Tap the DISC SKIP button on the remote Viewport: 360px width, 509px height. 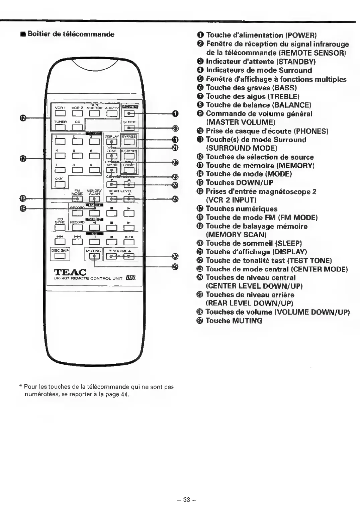[60, 256]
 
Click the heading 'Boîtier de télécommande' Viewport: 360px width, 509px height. [71, 34]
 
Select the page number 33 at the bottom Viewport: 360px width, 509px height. [186, 500]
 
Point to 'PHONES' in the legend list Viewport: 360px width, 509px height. [311, 131]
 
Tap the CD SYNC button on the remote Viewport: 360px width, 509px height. [60, 228]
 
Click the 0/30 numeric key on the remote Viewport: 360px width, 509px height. [60, 184]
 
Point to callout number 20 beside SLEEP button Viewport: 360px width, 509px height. [175, 128]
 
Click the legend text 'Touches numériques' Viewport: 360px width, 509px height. [241, 209]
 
